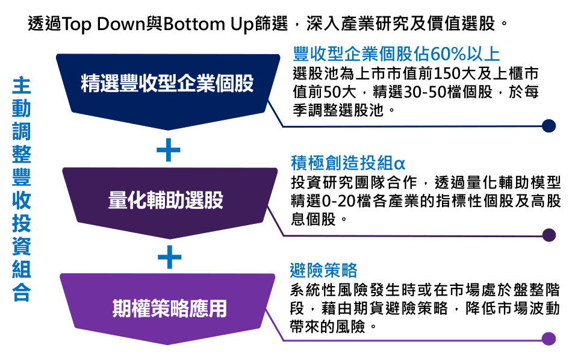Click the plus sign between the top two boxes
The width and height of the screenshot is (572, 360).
pyautogui.click(x=169, y=151)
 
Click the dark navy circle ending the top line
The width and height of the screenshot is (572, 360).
pyautogui.click(x=549, y=126)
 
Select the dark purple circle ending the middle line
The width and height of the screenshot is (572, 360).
pyautogui.click(x=549, y=235)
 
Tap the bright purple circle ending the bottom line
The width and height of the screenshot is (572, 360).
pyautogui.click(x=549, y=339)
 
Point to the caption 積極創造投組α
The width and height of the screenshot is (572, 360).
pyautogui.click(x=347, y=163)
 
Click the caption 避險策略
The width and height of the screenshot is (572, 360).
pyautogui.click(x=323, y=271)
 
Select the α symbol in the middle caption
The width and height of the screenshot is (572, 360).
pyautogui.click(x=399, y=164)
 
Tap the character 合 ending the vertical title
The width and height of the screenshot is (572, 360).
pyautogui.click(x=22, y=292)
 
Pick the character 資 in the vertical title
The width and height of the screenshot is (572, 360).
pyautogui.click(x=22, y=246)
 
